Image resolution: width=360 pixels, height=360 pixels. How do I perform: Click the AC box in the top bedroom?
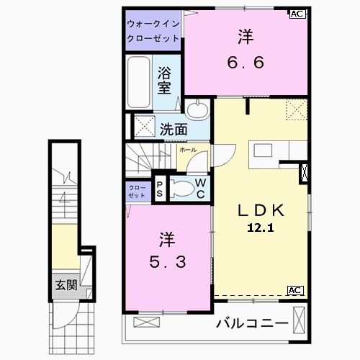(x=297, y=14)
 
